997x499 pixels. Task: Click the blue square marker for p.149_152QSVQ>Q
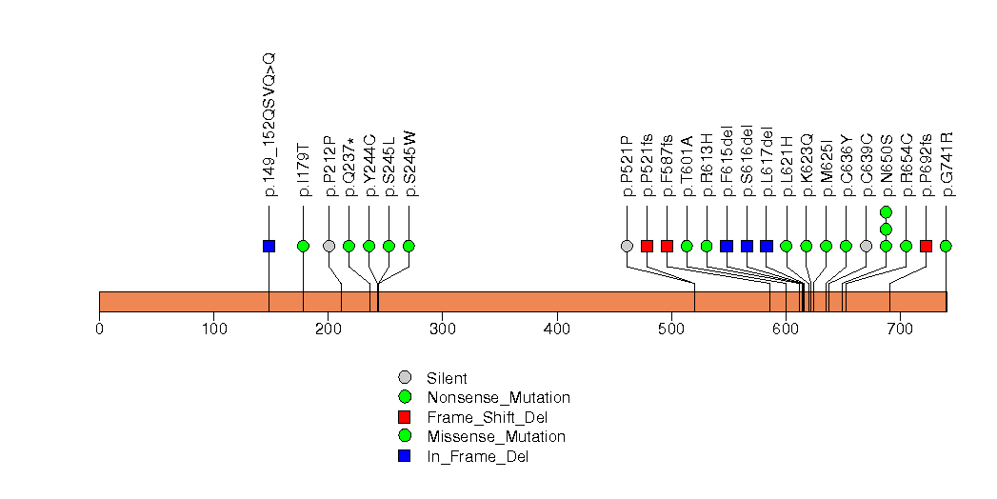[x=269, y=246]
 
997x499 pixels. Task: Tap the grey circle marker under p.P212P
[x=329, y=246]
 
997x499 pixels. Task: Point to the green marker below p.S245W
[x=409, y=246]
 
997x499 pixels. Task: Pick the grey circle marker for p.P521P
[x=627, y=246]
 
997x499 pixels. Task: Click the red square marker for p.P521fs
[x=647, y=246]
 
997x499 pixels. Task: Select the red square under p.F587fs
[x=667, y=246]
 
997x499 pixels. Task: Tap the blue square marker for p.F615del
[x=727, y=246]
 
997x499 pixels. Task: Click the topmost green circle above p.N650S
[x=886, y=211]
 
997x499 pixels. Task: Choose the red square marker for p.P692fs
[x=926, y=246]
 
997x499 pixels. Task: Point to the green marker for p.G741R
[x=946, y=246]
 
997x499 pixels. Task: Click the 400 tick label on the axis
[x=557, y=329]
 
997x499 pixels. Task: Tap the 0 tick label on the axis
[x=99, y=329]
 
